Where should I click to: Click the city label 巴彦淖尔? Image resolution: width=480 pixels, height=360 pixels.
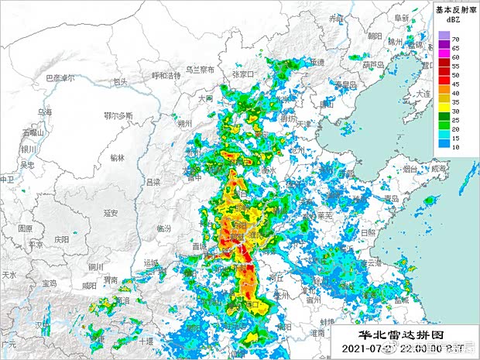tap(60, 78)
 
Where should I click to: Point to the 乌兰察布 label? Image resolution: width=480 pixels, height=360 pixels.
tap(200, 69)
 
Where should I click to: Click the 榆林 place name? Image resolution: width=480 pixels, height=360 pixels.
tap(117, 157)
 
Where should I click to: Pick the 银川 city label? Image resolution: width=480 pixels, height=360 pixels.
tap(29, 149)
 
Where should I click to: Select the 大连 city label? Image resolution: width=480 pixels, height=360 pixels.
tap(423, 94)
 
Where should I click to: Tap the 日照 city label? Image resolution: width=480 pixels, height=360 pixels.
tap(369, 231)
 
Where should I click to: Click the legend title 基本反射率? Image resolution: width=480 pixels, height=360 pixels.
tap(455, 10)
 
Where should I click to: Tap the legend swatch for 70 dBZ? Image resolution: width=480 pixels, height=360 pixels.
tap(443, 37)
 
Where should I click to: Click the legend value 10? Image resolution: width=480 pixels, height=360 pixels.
tap(456, 146)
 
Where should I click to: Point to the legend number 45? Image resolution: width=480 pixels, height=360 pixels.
tap(456, 84)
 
